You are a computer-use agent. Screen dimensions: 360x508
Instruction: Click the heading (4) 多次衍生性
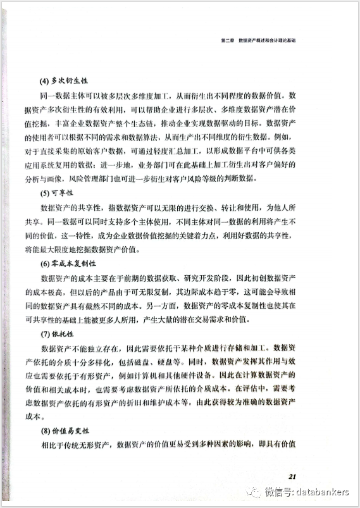click(64, 80)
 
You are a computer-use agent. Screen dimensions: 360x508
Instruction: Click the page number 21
click(293, 476)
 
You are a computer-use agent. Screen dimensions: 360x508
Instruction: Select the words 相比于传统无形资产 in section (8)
click(75, 445)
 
